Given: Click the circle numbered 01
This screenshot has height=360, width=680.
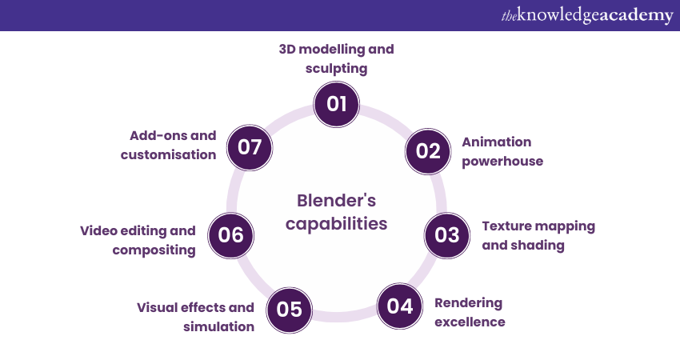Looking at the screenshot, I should (336, 104).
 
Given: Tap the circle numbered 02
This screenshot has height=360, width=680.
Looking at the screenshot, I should (429, 151).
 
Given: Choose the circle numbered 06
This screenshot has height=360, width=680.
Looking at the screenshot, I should (230, 235).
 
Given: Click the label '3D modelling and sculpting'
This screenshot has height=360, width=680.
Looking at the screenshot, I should (336, 58).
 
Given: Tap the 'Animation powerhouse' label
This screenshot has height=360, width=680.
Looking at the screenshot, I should (502, 151).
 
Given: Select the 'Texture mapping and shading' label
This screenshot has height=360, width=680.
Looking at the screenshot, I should (538, 235).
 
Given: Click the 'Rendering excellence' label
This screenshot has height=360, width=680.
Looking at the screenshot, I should (470, 312).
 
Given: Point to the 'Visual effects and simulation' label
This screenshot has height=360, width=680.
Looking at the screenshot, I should (195, 317).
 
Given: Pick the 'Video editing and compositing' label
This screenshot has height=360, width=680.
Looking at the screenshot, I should (138, 240).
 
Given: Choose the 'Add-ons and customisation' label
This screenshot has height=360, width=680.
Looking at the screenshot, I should (169, 145).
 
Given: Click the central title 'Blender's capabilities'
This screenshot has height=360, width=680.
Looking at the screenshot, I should (336, 212).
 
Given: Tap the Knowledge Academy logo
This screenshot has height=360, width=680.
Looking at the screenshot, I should (587, 15).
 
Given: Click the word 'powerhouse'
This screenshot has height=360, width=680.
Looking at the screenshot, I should (502, 161).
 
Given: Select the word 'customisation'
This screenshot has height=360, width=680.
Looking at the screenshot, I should (169, 154).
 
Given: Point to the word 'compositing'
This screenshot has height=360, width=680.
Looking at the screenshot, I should (154, 250).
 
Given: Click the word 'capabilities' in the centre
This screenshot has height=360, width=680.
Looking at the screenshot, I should (336, 224).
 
